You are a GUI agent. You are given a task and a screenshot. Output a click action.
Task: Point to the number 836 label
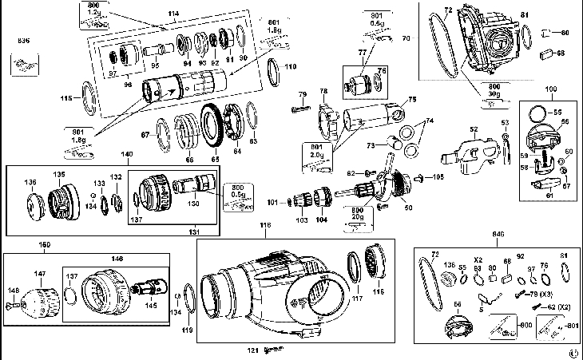pyautogui.click(x=23, y=39)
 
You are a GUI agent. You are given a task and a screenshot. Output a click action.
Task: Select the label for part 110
pyautogui.click(x=289, y=66)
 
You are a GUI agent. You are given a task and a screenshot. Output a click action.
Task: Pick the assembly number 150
pyautogui.click(x=46, y=243)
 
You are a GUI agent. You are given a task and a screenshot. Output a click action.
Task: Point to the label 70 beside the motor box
pyautogui.click(x=406, y=38)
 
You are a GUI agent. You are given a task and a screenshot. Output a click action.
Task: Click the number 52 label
pyautogui.click(x=474, y=129)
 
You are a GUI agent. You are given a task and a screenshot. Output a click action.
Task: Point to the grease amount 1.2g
pyautogui.click(x=94, y=14)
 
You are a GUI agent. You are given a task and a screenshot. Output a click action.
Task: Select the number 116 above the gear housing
pyautogui.click(x=266, y=226)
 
